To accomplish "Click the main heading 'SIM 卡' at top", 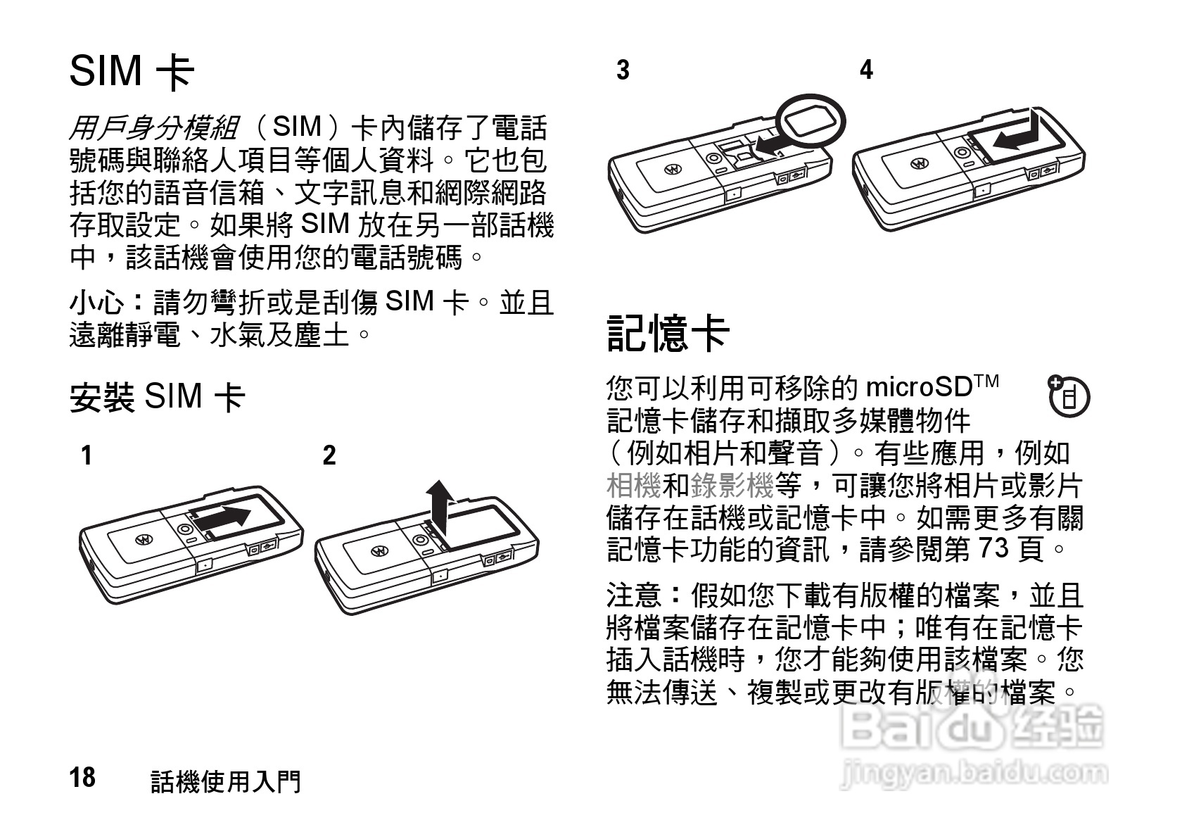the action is (x=132, y=70).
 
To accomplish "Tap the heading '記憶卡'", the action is (x=668, y=333).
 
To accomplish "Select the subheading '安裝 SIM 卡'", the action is (x=157, y=396).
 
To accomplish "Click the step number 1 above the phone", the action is (x=86, y=456).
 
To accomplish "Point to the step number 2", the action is (x=329, y=456).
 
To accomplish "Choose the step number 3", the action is (x=623, y=70).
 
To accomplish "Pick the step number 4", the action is (x=866, y=70).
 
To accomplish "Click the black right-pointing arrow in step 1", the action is (x=224, y=517).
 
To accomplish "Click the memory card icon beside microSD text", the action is (x=1068, y=396).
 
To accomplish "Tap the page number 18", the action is (x=82, y=778).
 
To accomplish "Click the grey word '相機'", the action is (x=633, y=486).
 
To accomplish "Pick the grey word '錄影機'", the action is (x=732, y=486).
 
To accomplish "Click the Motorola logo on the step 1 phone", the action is (x=144, y=538).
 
